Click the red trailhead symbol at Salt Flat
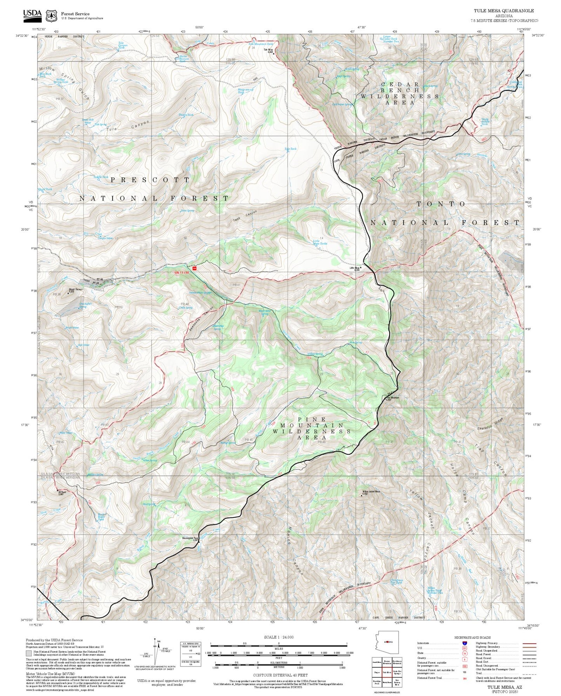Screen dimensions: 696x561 click(195, 268)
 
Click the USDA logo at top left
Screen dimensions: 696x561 click(32, 15)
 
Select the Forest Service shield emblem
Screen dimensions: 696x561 click(51, 16)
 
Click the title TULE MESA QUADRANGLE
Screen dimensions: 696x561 click(504, 11)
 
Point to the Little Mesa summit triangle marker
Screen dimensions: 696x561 click(361, 267)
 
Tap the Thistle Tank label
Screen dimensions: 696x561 click(186, 115)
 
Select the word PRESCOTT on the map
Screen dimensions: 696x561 click(150, 180)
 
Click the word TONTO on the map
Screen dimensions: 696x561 click(441, 204)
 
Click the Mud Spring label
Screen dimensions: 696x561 click(149, 504)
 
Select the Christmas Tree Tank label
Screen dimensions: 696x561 click(396, 582)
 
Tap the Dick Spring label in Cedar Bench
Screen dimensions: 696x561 click(431, 86)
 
